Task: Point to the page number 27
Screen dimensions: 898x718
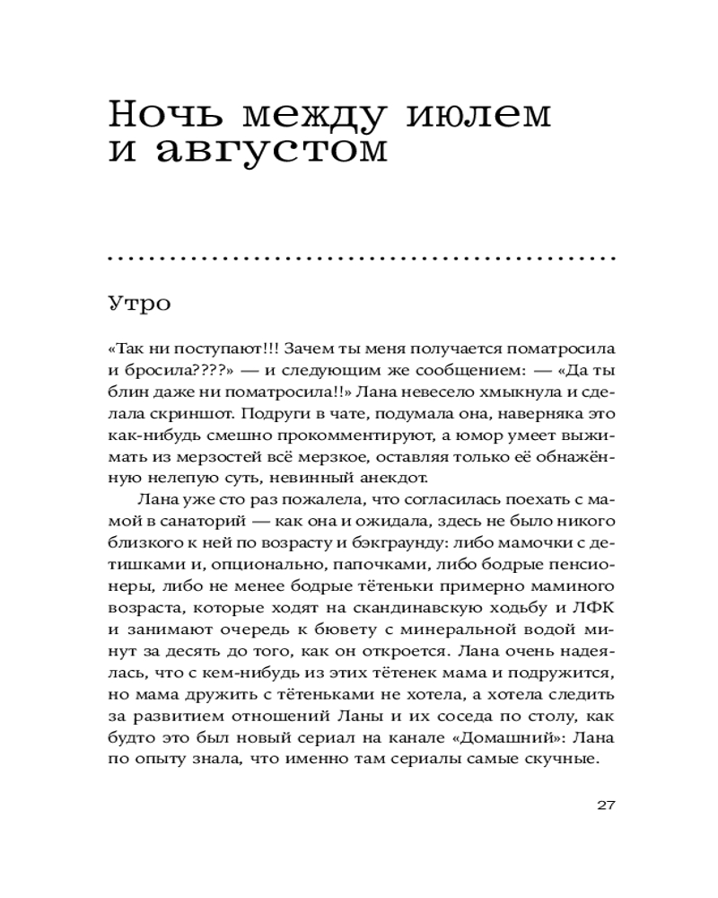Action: (x=604, y=804)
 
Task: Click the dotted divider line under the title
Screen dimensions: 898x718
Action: (x=359, y=259)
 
